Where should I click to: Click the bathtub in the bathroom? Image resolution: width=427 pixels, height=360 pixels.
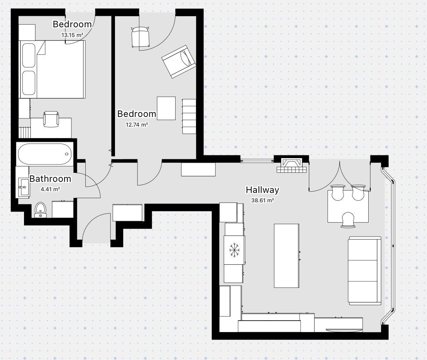click(45, 154)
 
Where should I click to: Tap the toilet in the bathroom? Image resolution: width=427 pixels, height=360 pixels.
click(40, 209)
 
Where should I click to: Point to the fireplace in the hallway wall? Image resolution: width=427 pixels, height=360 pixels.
click(292, 165)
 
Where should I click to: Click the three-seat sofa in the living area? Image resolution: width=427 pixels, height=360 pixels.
click(365, 271)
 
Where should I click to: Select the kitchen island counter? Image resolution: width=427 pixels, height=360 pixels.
click(287, 256)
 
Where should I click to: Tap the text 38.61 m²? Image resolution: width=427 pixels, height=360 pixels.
click(263, 200)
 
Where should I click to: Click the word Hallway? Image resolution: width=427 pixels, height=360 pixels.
click(263, 190)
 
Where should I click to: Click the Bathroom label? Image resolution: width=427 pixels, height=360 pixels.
click(51, 179)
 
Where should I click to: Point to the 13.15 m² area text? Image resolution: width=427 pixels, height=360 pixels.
click(72, 35)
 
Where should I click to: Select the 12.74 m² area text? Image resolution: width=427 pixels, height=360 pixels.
click(137, 124)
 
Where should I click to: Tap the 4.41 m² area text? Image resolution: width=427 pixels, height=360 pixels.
click(51, 189)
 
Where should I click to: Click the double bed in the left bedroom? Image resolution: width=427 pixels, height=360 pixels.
click(52, 70)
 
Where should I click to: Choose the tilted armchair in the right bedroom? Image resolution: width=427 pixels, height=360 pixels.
click(179, 62)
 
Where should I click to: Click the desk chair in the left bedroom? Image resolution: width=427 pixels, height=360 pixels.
click(51, 119)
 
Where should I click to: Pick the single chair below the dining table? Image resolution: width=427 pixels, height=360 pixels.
click(348, 220)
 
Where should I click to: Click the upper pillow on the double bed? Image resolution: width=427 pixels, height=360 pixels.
click(29, 55)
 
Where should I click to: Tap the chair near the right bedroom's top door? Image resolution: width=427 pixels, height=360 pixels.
click(140, 37)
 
